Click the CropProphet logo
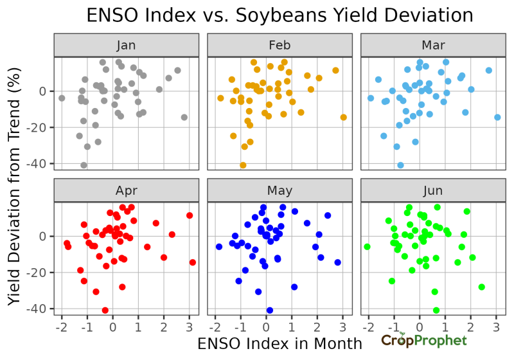[x=424, y=341]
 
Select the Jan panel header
[x=126, y=46]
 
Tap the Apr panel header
[x=126, y=191]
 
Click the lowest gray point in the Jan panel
[x=84, y=165]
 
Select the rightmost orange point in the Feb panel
[x=343, y=117]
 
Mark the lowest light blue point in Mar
[x=400, y=165]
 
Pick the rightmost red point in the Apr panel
[x=193, y=262]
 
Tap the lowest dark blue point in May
[x=270, y=310]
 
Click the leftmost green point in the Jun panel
[x=367, y=247]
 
